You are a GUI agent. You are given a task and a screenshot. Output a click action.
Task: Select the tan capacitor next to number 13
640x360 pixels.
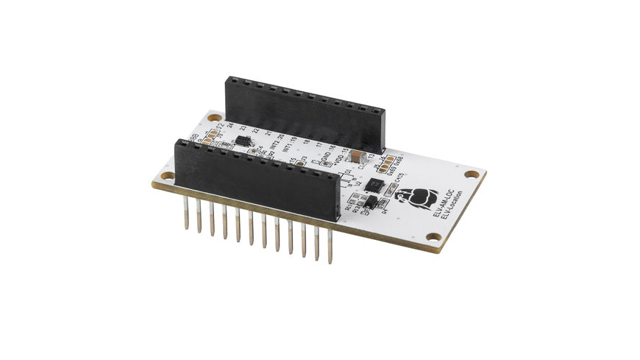coord(355,157)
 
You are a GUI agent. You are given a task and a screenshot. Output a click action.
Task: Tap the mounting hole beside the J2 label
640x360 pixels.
coord(214,116)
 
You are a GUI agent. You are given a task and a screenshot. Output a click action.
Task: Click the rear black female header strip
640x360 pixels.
coord(305,110)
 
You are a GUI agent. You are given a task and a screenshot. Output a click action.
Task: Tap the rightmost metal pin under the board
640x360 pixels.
coord(330,246)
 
